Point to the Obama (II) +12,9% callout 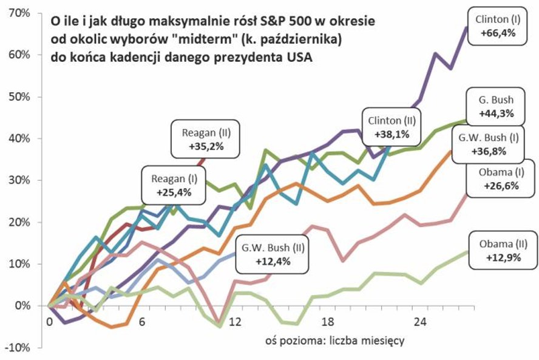(x=500, y=250)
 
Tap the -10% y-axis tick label (x=19, y=348)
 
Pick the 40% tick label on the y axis (x=21, y=138)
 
